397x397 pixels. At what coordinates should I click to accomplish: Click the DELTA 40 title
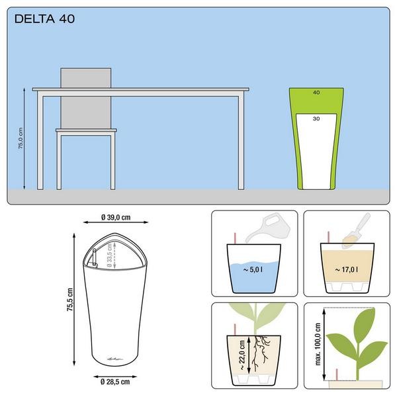point(44,19)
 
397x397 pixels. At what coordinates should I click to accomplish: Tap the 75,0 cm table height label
point(21,138)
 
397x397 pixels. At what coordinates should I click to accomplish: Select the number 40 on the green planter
point(316,93)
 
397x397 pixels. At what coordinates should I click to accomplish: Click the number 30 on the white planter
point(316,118)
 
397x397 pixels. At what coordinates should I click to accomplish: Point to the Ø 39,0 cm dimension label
point(116,217)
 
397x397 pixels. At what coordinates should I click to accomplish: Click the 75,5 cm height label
point(70,300)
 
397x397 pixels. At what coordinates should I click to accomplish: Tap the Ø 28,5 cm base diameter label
point(115,382)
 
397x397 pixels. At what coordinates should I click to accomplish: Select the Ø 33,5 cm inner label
point(110,255)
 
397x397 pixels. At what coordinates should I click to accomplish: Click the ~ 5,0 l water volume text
point(253,270)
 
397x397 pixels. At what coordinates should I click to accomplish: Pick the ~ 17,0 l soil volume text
point(347,270)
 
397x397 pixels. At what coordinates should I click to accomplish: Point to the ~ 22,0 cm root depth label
point(242,355)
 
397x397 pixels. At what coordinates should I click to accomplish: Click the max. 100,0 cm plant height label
point(318,344)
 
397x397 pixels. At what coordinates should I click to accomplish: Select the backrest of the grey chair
point(86,98)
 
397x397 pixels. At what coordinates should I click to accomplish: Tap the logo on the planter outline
point(115,359)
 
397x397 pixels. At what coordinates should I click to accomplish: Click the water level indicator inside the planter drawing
point(95,257)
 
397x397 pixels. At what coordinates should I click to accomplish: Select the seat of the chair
point(86,130)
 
